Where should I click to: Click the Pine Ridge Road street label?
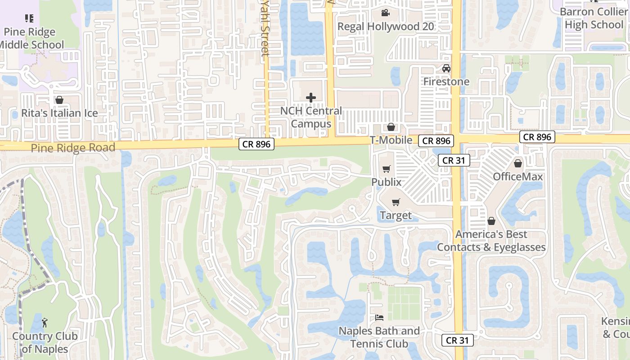73,148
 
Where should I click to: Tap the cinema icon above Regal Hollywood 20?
385,13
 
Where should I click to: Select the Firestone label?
446,81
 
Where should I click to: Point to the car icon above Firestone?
446,68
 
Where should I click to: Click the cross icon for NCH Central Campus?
310,97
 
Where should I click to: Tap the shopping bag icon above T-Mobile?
391,127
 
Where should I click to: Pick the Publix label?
386,182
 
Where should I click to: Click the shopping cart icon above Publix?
386,169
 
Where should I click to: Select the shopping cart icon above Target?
396,202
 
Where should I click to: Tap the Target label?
396,216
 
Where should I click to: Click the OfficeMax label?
518,176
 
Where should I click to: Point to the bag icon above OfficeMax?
518,163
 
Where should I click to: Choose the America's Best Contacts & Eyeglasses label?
491,241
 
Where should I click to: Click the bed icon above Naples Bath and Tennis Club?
379,318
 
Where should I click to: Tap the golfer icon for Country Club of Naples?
44,322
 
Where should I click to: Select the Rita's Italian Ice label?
59,113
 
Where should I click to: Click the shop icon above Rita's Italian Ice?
59,100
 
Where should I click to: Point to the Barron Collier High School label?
594,18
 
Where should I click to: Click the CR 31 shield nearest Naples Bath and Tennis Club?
457,340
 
